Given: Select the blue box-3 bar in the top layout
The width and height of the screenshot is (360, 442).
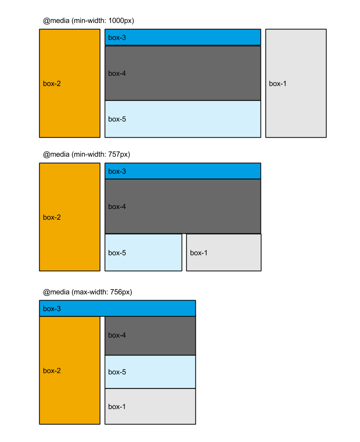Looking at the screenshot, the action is point(183,37).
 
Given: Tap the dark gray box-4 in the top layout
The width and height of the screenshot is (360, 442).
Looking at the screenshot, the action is point(183,73).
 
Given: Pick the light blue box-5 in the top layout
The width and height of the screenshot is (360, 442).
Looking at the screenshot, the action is point(183,119).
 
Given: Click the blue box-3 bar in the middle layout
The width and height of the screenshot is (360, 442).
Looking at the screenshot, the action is point(183,171).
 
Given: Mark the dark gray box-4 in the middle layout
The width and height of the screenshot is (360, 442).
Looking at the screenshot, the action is point(183,206).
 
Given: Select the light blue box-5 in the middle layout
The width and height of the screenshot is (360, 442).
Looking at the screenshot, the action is point(143,252).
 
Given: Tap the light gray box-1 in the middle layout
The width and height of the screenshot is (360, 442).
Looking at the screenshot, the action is point(224,252).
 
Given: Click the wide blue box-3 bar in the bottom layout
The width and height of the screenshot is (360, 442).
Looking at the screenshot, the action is point(117,309).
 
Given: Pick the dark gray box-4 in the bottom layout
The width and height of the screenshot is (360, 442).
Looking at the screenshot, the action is point(150,336).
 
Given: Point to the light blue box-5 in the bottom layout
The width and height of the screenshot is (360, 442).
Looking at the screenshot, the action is point(150,372).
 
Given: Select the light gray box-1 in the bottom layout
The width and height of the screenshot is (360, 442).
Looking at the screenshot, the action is point(150,406).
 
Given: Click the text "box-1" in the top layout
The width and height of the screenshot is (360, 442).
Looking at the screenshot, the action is point(278,84).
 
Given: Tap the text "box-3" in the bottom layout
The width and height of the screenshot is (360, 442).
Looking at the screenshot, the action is point(52,309).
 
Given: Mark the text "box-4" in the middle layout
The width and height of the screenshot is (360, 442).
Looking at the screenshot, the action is point(117,207).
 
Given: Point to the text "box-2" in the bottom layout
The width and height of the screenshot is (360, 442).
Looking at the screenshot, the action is point(52,371).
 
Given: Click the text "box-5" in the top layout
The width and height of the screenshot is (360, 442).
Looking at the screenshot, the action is point(117,119).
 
